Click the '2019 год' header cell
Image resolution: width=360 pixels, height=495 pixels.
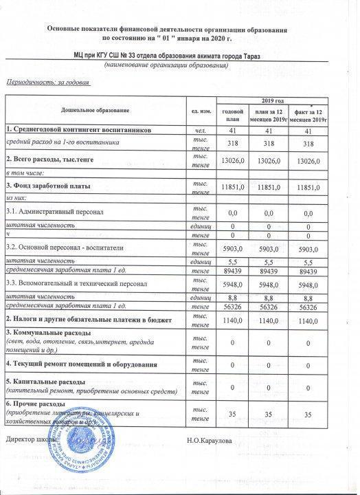coord(274,101)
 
